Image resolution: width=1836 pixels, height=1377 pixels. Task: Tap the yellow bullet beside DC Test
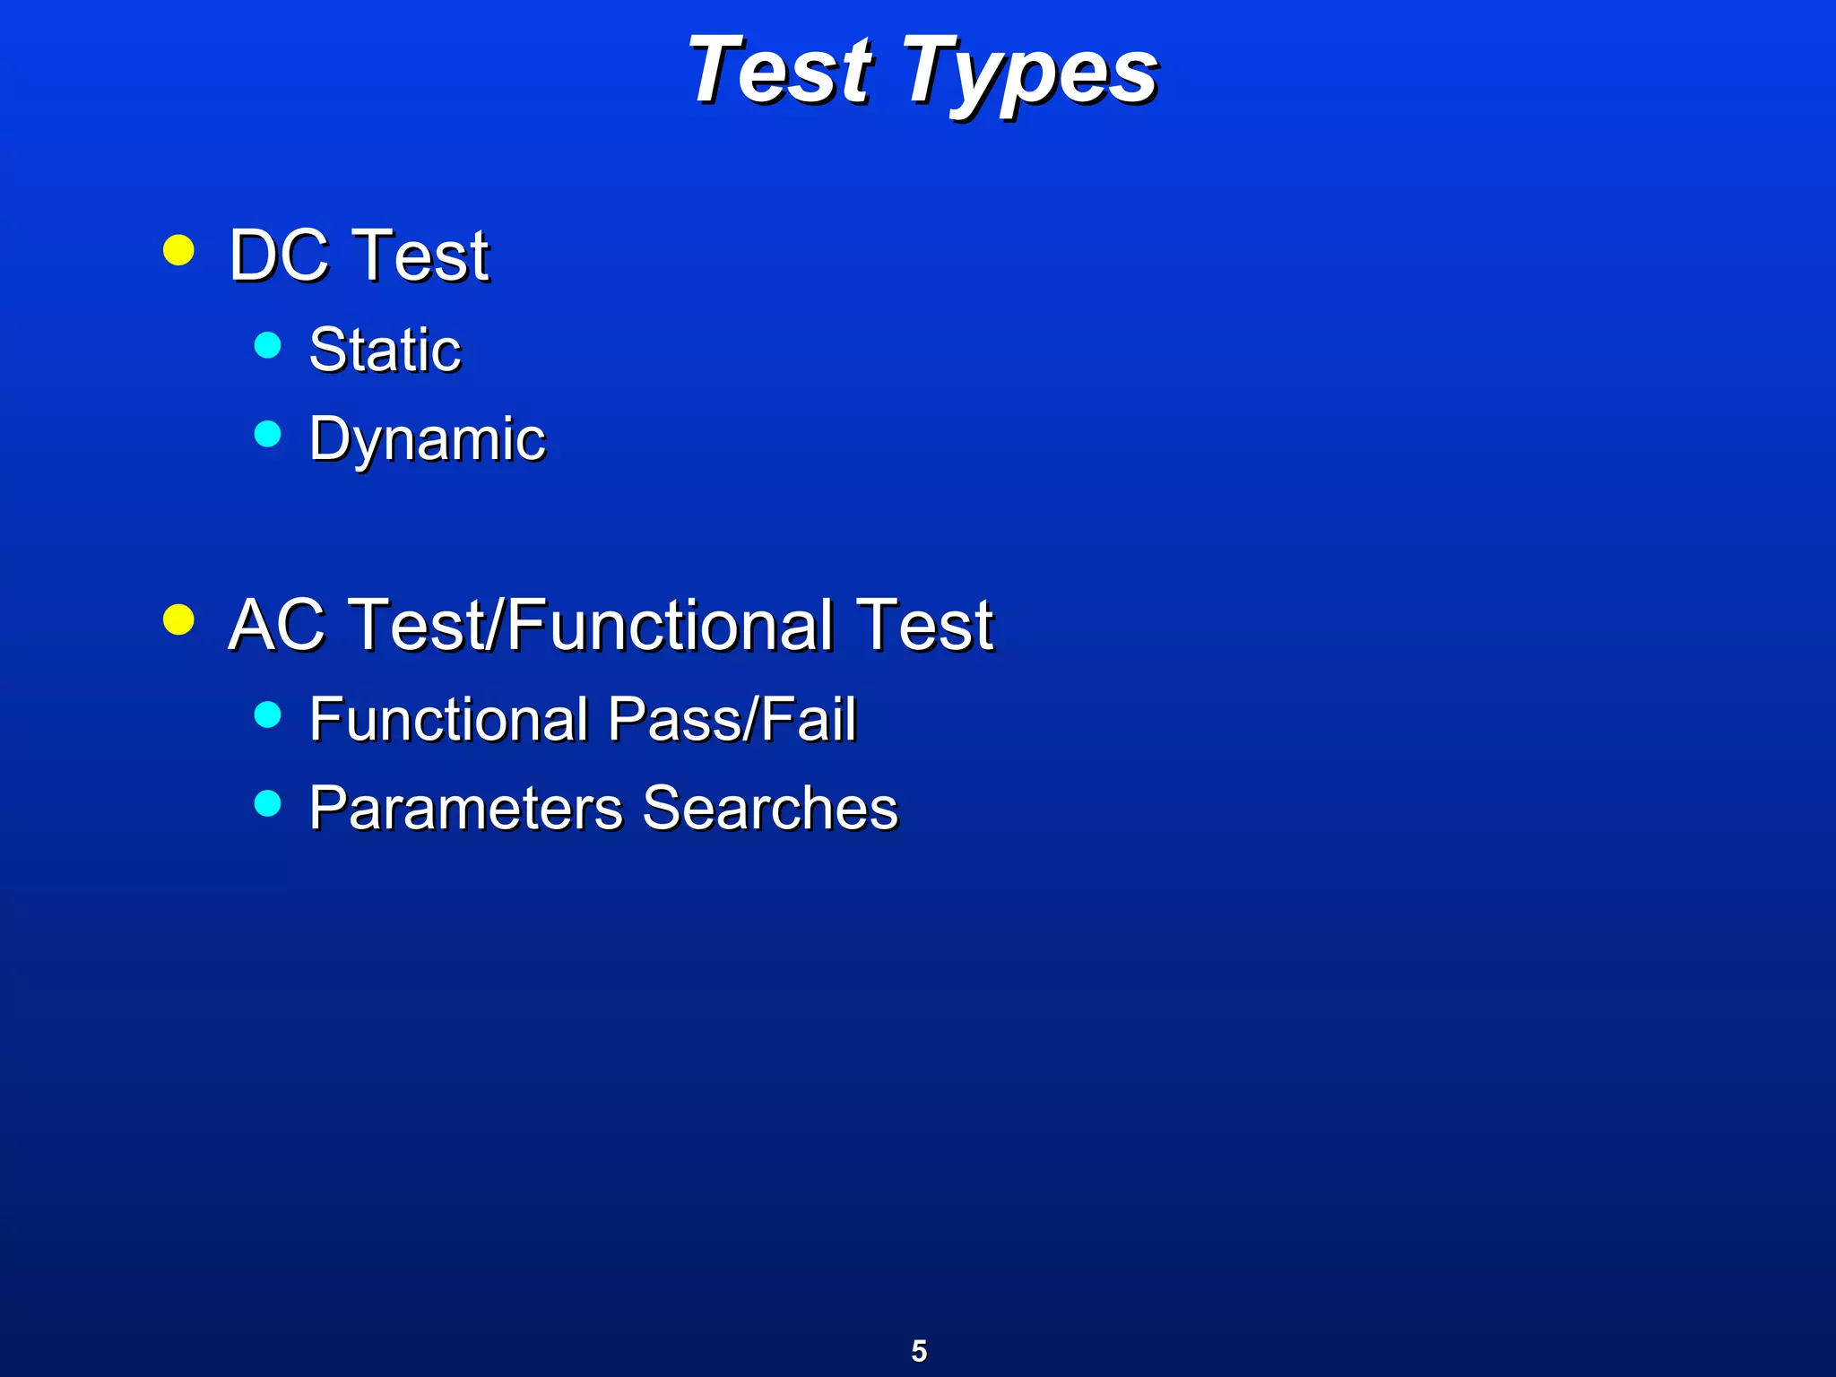tap(179, 250)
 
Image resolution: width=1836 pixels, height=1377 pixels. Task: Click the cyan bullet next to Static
tap(268, 344)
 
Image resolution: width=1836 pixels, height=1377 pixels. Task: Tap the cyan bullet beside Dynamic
tap(268, 434)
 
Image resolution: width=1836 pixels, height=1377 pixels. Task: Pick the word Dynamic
tap(427, 440)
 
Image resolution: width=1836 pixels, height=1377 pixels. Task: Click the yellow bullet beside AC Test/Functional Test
tap(179, 619)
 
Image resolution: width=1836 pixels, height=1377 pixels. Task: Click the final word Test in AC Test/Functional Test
tap(925, 625)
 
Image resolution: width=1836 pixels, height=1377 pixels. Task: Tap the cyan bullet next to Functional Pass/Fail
tap(268, 714)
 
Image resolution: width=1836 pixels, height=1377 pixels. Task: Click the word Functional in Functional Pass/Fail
tap(448, 719)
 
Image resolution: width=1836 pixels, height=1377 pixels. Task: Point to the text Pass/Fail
tap(732, 719)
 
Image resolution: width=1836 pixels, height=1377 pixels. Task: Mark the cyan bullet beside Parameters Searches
tap(268, 802)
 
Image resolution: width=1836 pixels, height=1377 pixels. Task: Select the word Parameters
tap(465, 808)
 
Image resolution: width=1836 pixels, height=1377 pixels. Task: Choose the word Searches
tap(770, 808)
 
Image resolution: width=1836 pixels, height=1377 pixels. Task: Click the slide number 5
tap(919, 1350)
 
